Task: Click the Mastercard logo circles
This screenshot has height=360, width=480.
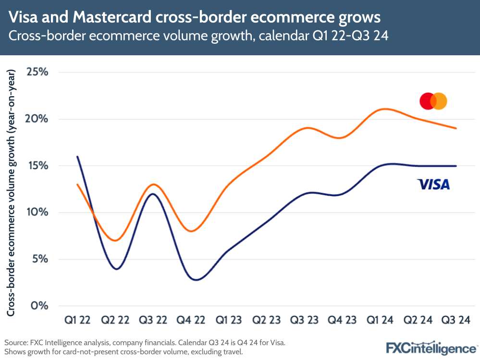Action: [x=433, y=101]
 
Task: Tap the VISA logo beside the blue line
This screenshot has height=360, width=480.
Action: [x=433, y=184]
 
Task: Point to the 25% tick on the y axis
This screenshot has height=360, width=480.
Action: [x=37, y=73]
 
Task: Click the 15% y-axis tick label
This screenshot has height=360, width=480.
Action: [x=37, y=166]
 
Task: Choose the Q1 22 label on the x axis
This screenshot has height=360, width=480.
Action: [x=77, y=320]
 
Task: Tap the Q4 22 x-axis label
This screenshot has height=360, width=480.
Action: [x=191, y=320]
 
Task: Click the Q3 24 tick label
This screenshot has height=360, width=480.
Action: [x=455, y=320]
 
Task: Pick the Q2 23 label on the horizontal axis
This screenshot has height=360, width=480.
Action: [x=267, y=320]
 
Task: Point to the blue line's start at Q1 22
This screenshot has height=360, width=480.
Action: [x=77, y=157]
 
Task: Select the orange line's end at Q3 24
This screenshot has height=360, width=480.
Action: [x=455, y=128]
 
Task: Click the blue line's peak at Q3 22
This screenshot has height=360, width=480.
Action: [x=153, y=194]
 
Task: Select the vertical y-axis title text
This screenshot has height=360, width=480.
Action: [x=12, y=192]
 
